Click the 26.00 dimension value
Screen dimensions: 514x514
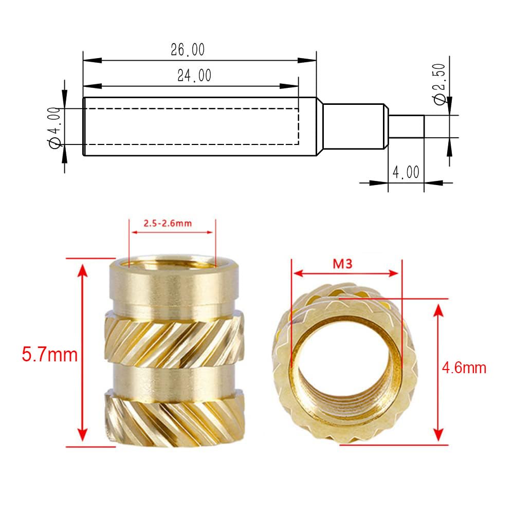click(x=188, y=50)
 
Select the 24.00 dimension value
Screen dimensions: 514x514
click(x=194, y=76)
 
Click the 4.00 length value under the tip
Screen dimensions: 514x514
click(x=406, y=172)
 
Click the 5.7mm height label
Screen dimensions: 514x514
click(x=49, y=354)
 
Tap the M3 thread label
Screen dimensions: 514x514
click(x=345, y=264)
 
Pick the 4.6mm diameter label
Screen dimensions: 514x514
click(x=464, y=368)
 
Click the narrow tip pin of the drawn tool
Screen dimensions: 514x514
click(x=406, y=126)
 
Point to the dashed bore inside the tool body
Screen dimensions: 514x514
click(x=190, y=126)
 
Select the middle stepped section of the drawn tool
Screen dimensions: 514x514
click(x=354, y=126)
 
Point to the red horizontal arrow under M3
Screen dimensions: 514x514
click(x=345, y=273)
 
